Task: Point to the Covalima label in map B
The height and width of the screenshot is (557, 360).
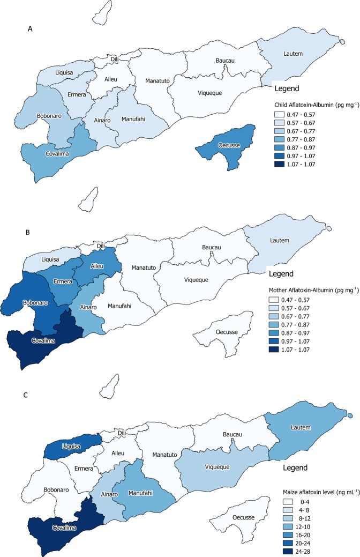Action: tap(45, 340)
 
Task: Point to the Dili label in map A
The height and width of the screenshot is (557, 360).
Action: tap(114, 59)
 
